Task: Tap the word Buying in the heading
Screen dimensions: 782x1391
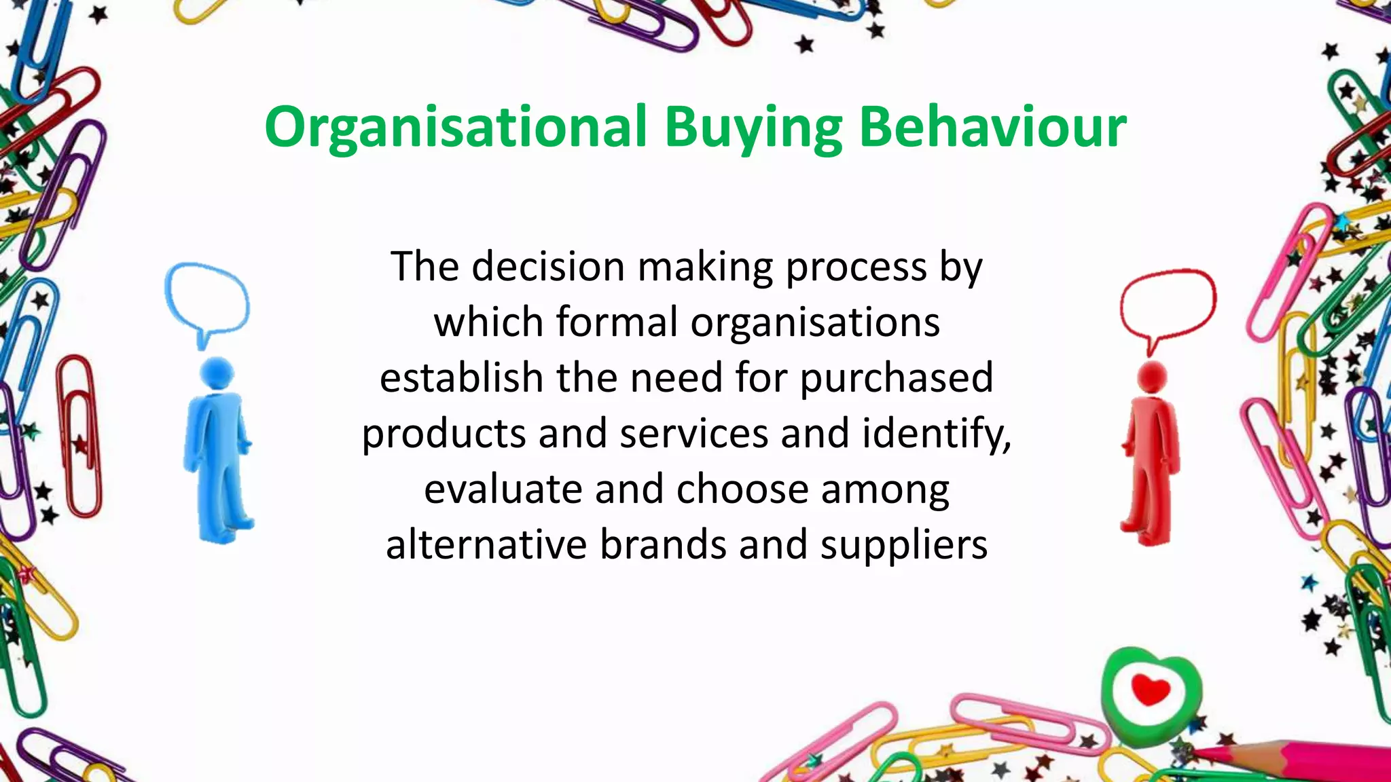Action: [753, 128]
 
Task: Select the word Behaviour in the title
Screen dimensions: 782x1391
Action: [993, 128]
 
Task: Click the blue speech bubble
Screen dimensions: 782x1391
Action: [206, 299]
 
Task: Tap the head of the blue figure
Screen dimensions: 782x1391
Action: [217, 373]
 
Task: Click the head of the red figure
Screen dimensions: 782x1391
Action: [1152, 377]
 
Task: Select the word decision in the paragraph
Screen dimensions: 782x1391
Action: [548, 267]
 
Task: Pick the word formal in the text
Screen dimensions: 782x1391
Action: [617, 322]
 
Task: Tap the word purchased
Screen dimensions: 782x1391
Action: [897, 379]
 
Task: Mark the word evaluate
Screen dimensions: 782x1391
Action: [503, 489]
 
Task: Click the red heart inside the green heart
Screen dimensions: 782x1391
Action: [1151, 691]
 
